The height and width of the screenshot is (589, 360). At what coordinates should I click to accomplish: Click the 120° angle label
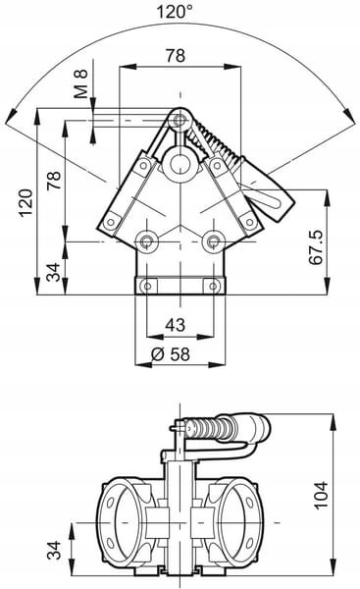pos(175,11)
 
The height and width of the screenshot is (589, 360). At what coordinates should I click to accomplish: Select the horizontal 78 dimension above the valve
pos(176,56)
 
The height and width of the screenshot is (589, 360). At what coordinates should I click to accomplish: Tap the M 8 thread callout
pos(80,83)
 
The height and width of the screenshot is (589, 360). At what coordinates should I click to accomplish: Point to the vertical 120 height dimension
pos(26,203)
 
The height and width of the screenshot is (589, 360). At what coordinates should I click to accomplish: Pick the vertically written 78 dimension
pos(54,181)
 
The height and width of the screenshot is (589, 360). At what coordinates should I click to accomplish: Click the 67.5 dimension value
pos(316,247)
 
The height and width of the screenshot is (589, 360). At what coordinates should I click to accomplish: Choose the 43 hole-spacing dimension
pos(176,325)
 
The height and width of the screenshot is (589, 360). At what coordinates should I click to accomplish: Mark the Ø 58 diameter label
pos(171,353)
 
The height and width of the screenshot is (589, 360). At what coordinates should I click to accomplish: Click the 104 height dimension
pos(321,495)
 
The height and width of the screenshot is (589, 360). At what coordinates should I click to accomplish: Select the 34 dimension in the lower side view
pos(54,550)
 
